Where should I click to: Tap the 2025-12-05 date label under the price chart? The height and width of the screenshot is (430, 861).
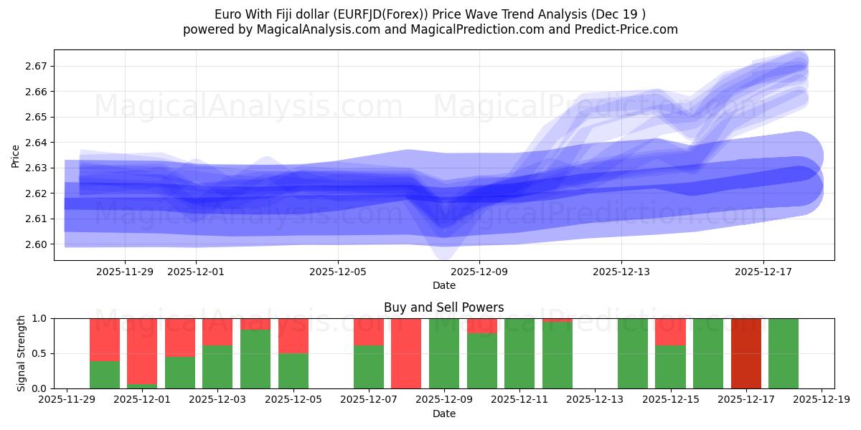[x=338, y=272]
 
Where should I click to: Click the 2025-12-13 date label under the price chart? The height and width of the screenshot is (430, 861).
[x=621, y=272]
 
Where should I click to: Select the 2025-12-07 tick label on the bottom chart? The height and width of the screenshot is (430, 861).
[x=368, y=400]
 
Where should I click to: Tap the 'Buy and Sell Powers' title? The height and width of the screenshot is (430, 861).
[x=443, y=307]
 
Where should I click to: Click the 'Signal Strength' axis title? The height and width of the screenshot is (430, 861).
[x=22, y=353]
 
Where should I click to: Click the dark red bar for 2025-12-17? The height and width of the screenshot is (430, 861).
[x=746, y=353]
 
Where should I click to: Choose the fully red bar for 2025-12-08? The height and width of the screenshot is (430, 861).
[x=406, y=353]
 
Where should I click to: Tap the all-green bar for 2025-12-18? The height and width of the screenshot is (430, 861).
[x=784, y=353]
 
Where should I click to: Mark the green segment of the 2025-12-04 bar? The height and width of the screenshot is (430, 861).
[x=255, y=358]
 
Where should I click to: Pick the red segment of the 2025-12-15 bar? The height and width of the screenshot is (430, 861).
[x=670, y=332]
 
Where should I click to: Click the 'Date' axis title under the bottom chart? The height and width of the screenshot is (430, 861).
[x=443, y=414]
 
